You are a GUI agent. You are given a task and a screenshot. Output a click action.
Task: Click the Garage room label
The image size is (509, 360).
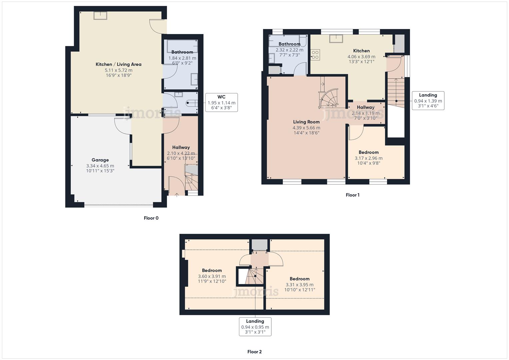point(100,160)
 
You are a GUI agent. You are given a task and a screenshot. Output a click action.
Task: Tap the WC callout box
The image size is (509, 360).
point(221,102)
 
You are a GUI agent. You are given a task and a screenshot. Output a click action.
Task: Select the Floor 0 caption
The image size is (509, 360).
point(151,218)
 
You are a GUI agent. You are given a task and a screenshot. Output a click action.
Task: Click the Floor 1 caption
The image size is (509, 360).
point(352,195)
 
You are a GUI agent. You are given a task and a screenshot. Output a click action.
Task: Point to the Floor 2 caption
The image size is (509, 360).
point(254,352)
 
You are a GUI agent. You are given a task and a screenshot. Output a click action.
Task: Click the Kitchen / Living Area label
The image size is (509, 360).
point(118,64)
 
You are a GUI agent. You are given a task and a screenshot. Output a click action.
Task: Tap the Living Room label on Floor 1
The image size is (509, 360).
point(306,122)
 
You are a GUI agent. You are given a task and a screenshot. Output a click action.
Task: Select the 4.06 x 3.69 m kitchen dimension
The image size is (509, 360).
point(361,57)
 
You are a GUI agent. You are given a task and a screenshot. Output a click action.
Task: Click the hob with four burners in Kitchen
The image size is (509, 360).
point(315,55)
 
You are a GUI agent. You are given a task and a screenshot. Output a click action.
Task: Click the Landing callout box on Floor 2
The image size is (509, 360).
point(255,327)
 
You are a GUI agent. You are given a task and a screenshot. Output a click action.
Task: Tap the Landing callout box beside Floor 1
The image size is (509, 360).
point(428,100)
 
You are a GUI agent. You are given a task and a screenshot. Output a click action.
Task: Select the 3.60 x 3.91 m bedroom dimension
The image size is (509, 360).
point(212,276)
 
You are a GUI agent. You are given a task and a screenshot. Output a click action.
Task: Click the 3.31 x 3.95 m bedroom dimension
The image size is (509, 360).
point(299,285)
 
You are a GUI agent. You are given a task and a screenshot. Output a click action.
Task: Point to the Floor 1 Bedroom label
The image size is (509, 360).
point(368,152)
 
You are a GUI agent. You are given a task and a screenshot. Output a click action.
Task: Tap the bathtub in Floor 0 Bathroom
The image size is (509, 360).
point(182,46)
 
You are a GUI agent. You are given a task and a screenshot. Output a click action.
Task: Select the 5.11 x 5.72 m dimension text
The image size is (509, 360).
point(118,70)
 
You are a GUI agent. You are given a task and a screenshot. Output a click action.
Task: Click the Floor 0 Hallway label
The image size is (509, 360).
point(181,147)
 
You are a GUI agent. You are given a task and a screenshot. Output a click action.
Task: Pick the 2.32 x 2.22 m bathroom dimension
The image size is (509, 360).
point(289,50)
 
